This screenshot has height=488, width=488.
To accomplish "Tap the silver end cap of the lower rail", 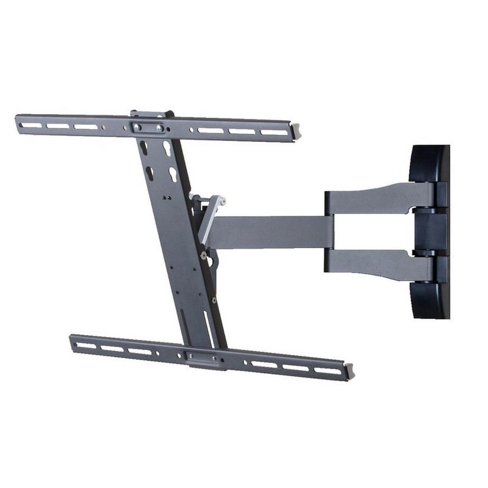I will tap(350, 370).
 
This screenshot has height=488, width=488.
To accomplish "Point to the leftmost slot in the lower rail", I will tap(86, 345).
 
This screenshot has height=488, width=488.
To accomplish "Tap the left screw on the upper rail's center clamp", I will tap(137, 127).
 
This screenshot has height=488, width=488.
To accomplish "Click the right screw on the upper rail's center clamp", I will tap(159, 128).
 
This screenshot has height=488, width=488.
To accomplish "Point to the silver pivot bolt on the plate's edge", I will tap(204, 255).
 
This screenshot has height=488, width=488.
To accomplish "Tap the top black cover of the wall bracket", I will tap(430, 163).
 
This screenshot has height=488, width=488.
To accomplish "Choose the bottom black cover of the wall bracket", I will tap(430, 299).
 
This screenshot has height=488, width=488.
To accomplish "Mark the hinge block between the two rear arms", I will tap(430, 231).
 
